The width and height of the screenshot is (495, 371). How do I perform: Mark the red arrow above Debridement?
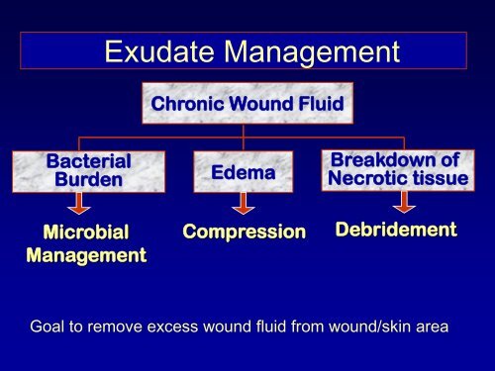click(402, 203)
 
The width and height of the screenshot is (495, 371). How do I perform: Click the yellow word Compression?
click(245, 232)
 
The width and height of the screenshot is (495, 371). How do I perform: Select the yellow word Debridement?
click(396, 230)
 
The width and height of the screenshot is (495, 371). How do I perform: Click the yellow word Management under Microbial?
click(85, 255)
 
